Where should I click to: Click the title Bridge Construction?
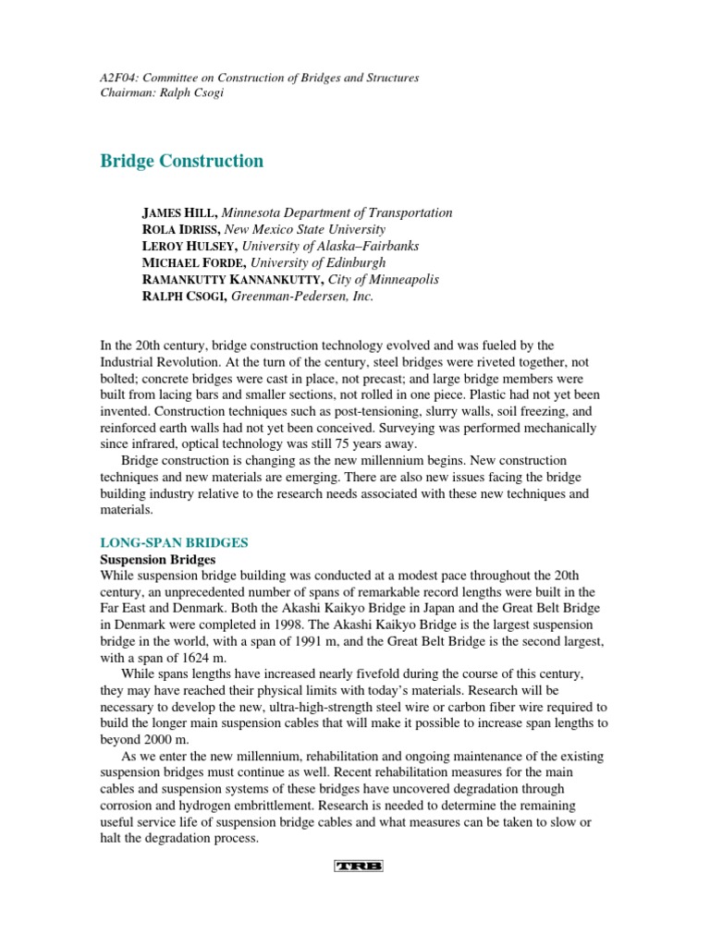click(181, 161)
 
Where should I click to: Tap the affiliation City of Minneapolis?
click(380, 279)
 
